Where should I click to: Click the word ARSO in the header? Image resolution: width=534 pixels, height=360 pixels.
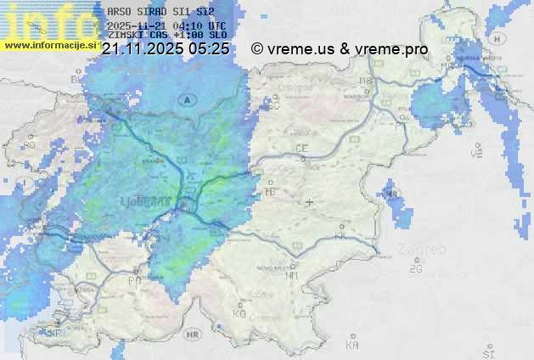119,12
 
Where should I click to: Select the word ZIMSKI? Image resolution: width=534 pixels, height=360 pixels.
124,35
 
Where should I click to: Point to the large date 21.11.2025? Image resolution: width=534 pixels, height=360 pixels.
143,49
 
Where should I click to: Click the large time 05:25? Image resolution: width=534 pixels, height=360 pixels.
209,49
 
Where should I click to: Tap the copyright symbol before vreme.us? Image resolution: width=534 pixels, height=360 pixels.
257,49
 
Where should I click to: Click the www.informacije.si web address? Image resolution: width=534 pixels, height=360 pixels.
51,45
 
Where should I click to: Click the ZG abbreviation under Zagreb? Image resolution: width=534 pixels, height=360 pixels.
415,269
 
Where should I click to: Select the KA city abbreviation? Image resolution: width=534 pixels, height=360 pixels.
353,345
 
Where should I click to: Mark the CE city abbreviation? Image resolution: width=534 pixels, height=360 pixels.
301,149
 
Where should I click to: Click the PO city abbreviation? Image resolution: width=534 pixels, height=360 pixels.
133,279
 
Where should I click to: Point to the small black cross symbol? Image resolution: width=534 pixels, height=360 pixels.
310,202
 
